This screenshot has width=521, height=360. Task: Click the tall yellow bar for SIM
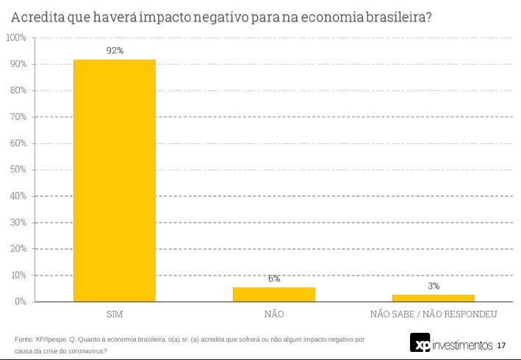click(114, 180)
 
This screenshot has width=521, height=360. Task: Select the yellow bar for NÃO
click(273, 294)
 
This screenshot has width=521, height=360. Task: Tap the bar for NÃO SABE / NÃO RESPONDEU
click(433, 298)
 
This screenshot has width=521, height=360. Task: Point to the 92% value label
click(114, 50)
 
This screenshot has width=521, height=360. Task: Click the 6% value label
click(273, 278)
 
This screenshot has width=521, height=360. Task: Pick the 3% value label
click(433, 286)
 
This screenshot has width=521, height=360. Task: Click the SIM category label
click(114, 314)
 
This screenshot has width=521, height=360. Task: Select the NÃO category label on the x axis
click(273, 314)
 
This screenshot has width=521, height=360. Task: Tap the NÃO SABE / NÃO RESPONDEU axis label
click(434, 314)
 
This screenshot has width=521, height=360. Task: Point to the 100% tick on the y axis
click(15, 37)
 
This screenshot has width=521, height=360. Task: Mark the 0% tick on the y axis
click(20, 302)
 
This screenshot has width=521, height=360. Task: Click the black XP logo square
click(420, 344)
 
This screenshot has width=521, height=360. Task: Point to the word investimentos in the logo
click(462, 345)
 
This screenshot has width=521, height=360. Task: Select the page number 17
click(501, 345)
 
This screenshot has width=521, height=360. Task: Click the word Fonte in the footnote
click(24, 339)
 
